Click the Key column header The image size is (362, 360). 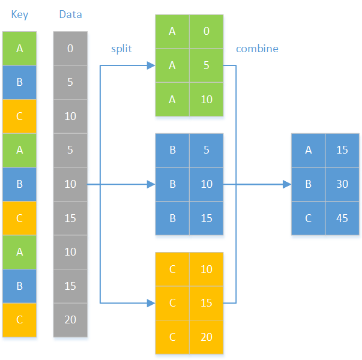(20, 14)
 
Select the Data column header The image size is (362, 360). (70, 14)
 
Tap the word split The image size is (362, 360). (121, 49)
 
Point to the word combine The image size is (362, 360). (257, 49)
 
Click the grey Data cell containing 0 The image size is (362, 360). (70, 49)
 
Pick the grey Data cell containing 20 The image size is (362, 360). (70, 320)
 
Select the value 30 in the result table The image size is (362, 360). (342, 184)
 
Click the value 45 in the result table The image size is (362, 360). (342, 218)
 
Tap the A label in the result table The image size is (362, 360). (309, 150)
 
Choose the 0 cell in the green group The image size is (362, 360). (207, 31)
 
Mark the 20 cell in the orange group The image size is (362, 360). (207, 337)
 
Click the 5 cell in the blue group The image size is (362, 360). (207, 150)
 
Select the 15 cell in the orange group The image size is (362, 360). (207, 303)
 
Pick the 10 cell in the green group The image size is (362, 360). (207, 100)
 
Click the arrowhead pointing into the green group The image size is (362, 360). (151, 65)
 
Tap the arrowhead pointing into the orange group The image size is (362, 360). (151, 303)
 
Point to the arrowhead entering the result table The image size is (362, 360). (286, 184)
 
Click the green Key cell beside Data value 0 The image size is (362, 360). (20, 49)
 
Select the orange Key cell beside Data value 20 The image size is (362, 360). (20, 320)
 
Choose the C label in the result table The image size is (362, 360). (309, 218)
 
